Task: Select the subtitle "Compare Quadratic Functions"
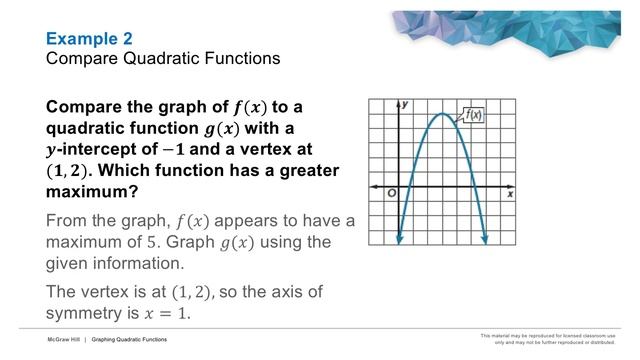coord(163,59)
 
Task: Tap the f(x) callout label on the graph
coord(474,115)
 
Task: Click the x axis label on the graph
coord(509,193)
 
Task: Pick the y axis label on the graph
coord(406,104)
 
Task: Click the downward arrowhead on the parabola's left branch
coord(400,238)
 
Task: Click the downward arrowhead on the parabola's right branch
coord(485,238)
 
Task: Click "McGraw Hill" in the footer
coord(62,340)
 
